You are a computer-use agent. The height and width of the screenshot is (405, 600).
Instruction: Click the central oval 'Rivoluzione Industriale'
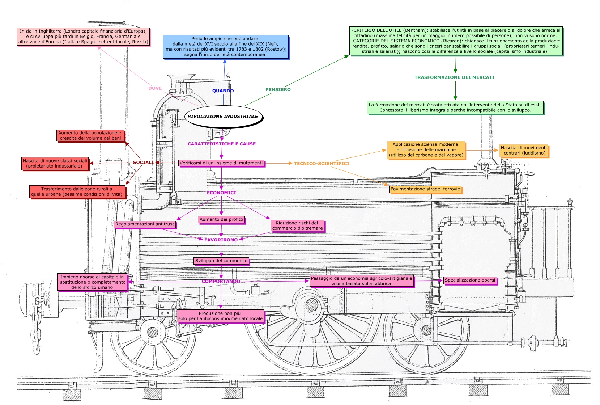coord(223,117)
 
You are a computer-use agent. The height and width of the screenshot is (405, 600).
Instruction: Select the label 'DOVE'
coord(155,88)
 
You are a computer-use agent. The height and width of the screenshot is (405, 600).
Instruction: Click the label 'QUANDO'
coord(223,91)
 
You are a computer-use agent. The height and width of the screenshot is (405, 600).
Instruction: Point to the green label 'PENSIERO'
coord(278,90)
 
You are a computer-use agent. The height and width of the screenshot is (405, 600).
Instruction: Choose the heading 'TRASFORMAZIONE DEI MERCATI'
coord(454,77)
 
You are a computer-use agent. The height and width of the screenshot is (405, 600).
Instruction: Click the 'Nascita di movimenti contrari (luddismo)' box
coord(523,150)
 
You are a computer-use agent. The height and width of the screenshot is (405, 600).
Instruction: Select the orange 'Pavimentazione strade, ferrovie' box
coord(425,189)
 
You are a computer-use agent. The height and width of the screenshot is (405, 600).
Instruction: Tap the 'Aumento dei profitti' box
coord(221,219)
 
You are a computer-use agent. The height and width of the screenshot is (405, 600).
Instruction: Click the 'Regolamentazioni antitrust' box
coord(145,224)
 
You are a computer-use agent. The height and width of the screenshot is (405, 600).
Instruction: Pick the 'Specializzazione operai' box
coord(470,280)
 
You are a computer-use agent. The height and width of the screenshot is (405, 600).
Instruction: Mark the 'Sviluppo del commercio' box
coord(221,261)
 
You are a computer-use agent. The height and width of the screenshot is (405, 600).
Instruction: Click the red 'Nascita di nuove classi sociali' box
coord(55,163)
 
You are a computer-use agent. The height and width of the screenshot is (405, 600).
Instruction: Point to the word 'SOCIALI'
coord(143,163)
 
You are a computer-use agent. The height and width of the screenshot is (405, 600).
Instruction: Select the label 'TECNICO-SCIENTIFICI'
coord(322,164)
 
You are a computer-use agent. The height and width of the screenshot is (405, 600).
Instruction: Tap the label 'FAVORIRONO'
coord(221,240)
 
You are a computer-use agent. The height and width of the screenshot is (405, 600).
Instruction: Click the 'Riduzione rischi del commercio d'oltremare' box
coord(297,225)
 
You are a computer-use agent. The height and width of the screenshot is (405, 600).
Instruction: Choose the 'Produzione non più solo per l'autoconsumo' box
coord(220,316)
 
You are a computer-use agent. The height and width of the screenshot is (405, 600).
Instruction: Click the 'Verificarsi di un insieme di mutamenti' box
coord(221,163)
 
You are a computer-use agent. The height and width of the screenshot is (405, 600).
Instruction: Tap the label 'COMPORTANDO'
coord(221,282)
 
